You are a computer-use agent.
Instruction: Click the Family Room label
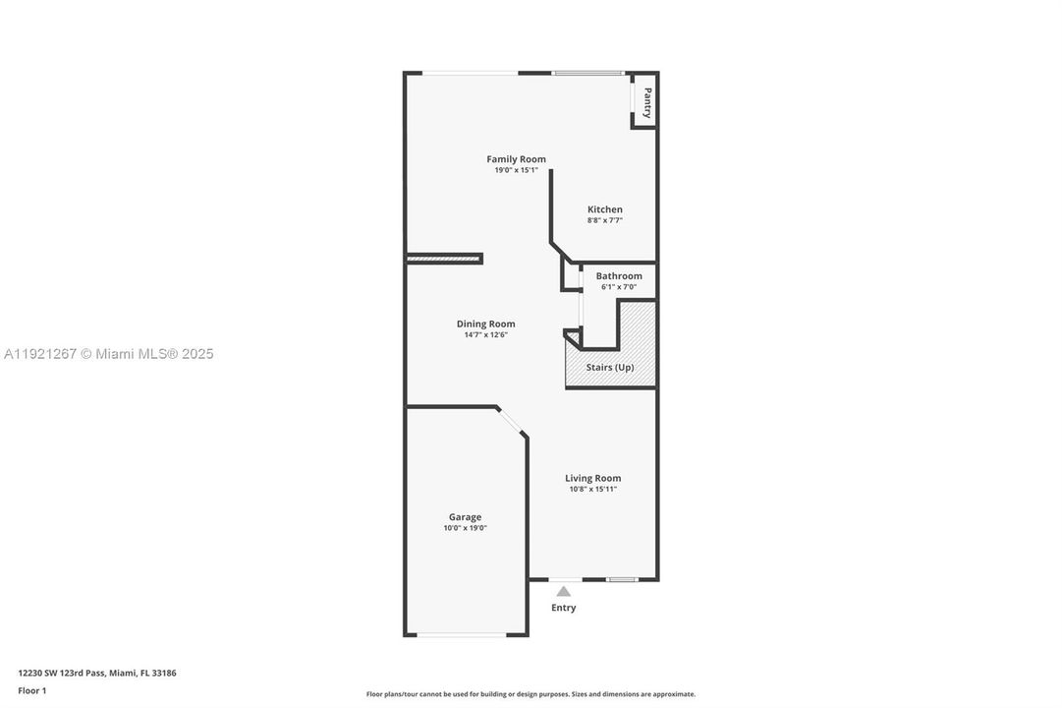[516, 159]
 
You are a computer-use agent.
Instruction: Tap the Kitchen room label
[604, 209]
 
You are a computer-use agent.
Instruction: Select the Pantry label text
[647, 103]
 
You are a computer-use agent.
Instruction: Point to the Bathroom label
[619, 276]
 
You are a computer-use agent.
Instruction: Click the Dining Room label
[485, 324]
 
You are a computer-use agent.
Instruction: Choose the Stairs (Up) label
[610, 368]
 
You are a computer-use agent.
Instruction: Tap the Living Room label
[592, 479]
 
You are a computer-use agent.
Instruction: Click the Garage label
[465, 517]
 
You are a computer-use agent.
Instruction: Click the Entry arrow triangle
[563, 592]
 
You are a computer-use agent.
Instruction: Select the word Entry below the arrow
[563, 608]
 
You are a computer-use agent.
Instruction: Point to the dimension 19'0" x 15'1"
[516, 170]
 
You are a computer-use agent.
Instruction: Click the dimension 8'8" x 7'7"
[604, 220]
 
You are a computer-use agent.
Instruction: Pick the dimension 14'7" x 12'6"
[485, 335]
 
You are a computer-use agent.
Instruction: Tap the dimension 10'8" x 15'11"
[592, 490]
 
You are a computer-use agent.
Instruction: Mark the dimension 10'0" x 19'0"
[465, 528]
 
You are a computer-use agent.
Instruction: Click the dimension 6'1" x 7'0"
[619, 287]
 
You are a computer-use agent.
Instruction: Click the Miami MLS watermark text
[108, 354]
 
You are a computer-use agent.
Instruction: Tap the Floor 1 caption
[31, 690]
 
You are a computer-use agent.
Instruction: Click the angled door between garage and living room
[511, 422]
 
